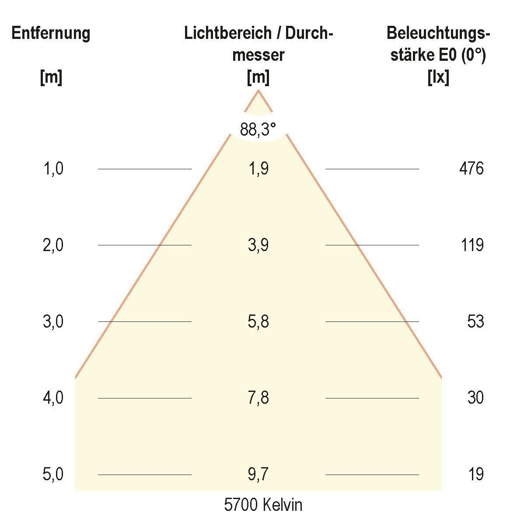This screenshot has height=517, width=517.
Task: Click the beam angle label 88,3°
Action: click(x=258, y=129)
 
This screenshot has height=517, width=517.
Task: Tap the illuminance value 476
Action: click(x=472, y=169)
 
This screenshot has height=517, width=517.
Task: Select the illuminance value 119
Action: click(x=472, y=245)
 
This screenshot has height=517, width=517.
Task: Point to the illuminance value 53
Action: click(x=475, y=321)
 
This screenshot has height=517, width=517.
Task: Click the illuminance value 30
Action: click(x=475, y=398)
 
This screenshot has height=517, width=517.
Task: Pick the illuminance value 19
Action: click(x=475, y=474)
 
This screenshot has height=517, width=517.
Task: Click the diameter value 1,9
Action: click(x=258, y=169)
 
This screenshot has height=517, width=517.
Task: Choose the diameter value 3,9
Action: click(x=258, y=245)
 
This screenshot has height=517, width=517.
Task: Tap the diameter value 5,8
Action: click(x=258, y=321)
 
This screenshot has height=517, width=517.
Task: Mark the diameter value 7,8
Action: click(x=258, y=398)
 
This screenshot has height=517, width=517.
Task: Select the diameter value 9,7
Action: click(x=258, y=474)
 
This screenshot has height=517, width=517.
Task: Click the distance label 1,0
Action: click(x=53, y=169)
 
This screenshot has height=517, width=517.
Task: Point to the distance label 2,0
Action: click(x=53, y=245)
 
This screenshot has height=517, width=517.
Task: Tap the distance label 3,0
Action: click(x=53, y=321)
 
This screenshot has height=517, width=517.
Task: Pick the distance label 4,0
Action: click(x=53, y=398)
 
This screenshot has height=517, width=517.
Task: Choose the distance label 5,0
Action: click(x=53, y=474)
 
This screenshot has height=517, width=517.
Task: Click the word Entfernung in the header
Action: click(x=51, y=33)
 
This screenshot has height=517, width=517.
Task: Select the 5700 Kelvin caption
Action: click(x=263, y=505)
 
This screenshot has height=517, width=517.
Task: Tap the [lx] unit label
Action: click(x=438, y=78)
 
